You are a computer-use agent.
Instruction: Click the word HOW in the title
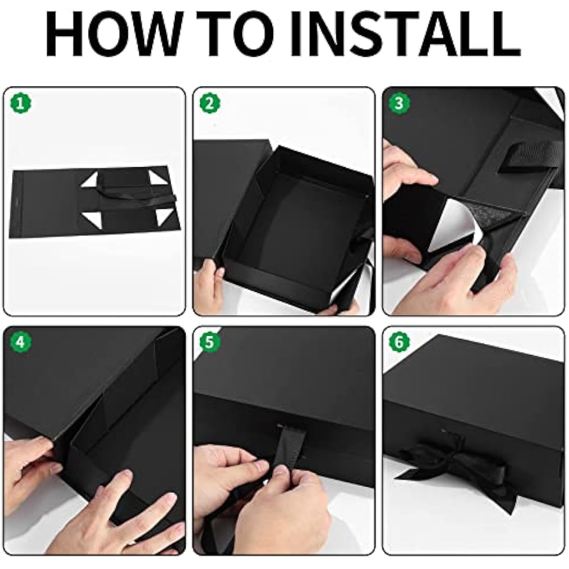(108, 35)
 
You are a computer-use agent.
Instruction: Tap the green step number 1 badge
(21, 104)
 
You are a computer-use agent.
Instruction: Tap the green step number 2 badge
(210, 104)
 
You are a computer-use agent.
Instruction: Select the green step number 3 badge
(399, 104)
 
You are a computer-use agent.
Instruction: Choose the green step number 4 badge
(21, 342)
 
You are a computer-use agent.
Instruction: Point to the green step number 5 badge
(209, 342)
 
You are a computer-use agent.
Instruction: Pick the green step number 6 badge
(399, 342)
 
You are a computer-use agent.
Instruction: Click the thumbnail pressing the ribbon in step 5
(281, 472)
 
